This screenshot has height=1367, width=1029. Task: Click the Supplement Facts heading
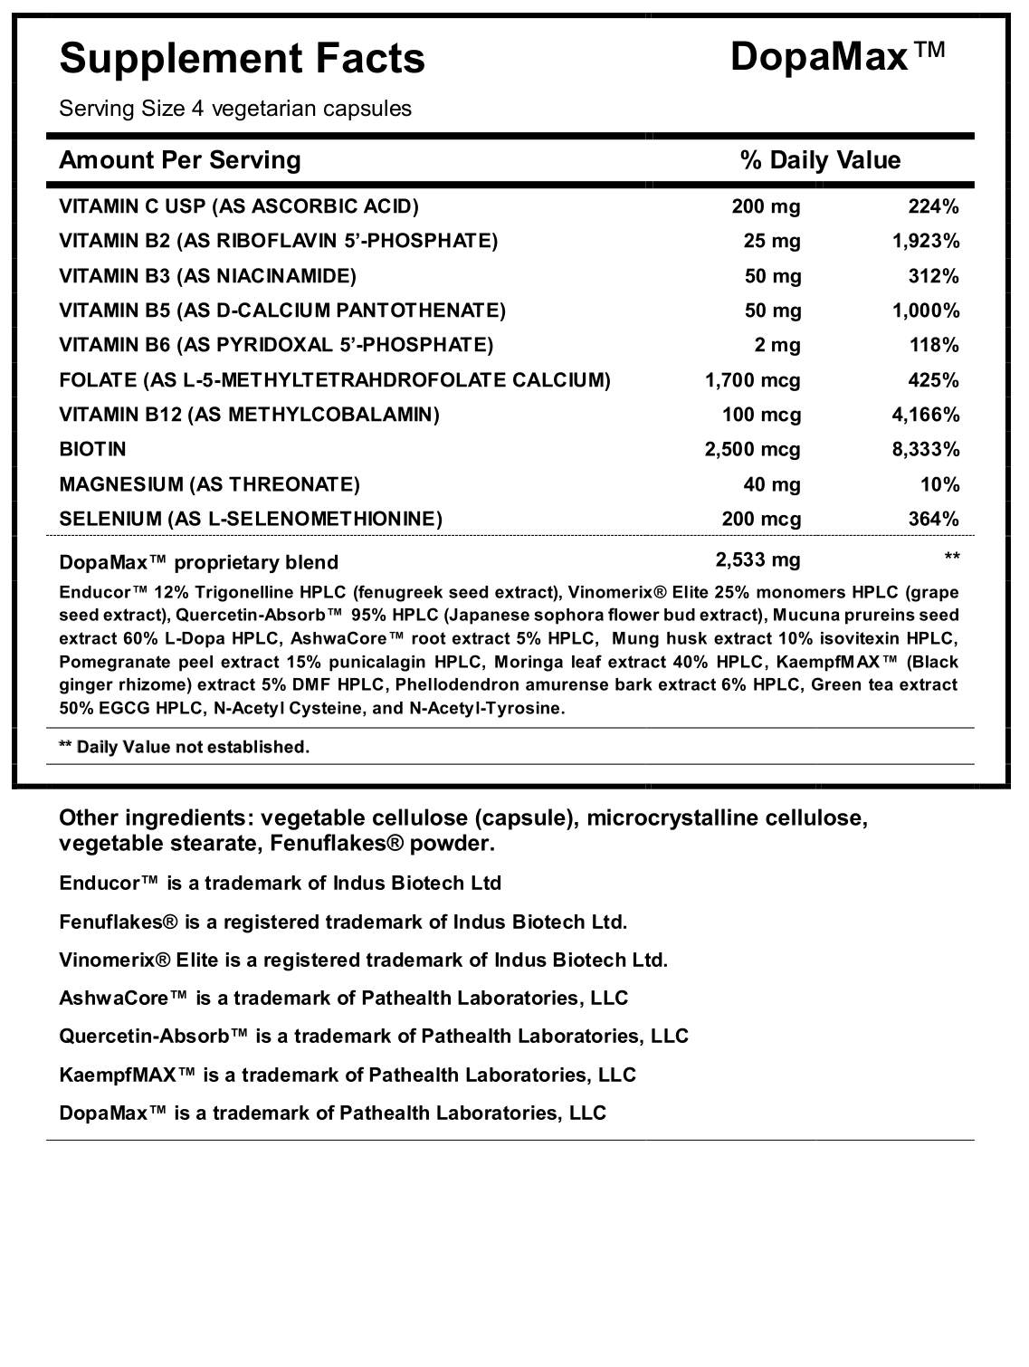[x=242, y=59]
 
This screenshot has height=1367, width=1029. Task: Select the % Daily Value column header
[x=820, y=161]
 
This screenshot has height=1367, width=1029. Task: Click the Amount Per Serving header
[x=179, y=161]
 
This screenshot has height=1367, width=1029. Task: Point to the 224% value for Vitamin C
[x=933, y=206]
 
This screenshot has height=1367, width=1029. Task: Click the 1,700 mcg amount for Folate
[x=753, y=379]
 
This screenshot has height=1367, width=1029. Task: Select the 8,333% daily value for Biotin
[x=925, y=449]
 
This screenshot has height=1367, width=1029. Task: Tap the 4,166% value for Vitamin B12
[x=925, y=415]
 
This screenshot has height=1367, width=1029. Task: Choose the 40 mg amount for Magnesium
[x=772, y=484]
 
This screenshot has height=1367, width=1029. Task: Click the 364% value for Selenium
[x=933, y=519]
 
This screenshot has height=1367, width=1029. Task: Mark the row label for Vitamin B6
[x=276, y=345]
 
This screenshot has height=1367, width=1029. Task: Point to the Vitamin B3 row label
[x=207, y=276]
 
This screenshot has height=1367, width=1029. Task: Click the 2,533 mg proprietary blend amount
[x=757, y=559]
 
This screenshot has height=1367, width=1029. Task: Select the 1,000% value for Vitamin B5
[x=925, y=311]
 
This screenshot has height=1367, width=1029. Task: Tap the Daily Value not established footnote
[x=184, y=747]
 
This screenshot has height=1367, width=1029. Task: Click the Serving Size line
[x=235, y=109]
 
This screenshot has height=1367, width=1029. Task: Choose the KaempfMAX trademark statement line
[x=348, y=1075]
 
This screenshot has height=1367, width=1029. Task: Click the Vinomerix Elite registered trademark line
[x=363, y=960]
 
